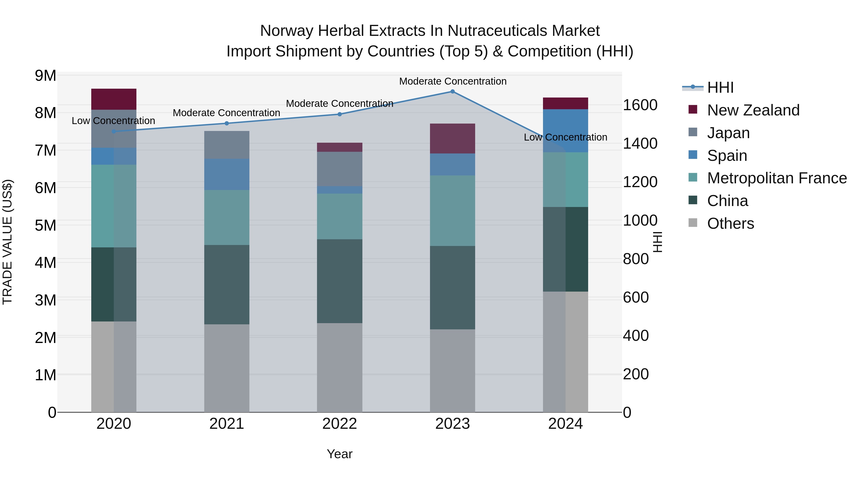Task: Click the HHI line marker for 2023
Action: (452, 92)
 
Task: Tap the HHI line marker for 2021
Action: (227, 123)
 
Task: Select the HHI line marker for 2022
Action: (339, 114)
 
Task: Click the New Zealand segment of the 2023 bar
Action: (452, 139)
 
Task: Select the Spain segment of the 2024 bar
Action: (565, 131)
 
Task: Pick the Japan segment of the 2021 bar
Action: (227, 145)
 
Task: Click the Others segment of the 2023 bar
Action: (452, 371)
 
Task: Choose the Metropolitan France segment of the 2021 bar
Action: (227, 218)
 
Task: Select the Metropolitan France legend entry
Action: (777, 178)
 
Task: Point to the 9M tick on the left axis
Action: (46, 76)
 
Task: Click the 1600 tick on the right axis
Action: (640, 105)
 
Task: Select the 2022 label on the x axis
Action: (339, 424)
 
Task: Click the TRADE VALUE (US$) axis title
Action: (8, 242)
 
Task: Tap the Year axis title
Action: (339, 454)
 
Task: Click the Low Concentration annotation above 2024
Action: (565, 137)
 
